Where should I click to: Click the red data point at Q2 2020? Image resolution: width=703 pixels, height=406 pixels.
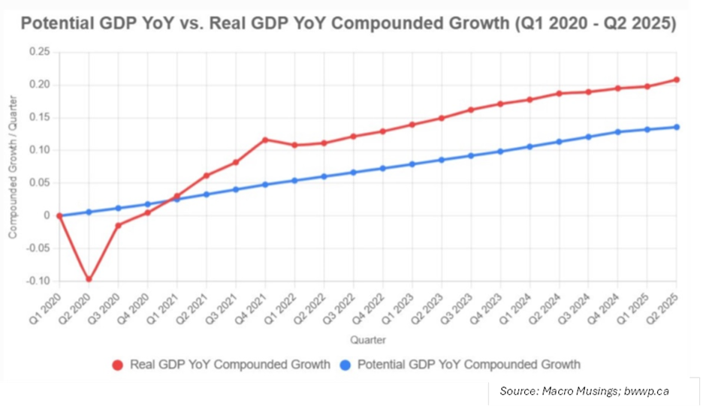click(x=89, y=279)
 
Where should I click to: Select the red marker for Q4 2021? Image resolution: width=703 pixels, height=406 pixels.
click(x=264, y=140)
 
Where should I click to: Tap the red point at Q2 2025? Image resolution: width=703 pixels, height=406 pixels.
click(x=676, y=80)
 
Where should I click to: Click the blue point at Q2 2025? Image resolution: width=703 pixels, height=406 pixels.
click(x=676, y=127)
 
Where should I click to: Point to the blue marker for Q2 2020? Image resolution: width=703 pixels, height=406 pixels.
click(x=89, y=212)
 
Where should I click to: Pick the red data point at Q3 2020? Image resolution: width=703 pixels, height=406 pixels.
click(x=118, y=225)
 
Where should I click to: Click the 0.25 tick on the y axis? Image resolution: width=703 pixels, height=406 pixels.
click(x=40, y=52)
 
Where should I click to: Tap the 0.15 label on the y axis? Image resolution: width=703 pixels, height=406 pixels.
click(x=40, y=117)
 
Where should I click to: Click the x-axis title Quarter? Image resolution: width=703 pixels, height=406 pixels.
click(x=367, y=340)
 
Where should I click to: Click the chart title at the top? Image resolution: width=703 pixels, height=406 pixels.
click(x=348, y=23)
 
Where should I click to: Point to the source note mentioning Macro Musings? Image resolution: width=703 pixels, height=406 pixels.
click(x=584, y=391)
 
